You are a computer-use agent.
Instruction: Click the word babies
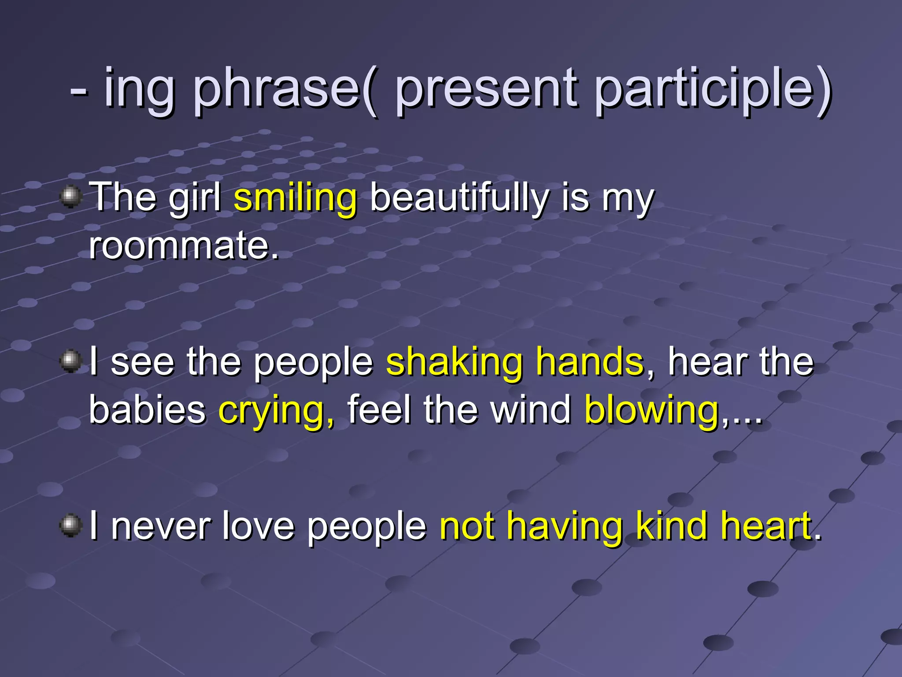(x=147, y=410)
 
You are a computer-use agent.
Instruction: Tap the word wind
(x=530, y=410)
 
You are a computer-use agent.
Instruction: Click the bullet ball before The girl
(x=70, y=197)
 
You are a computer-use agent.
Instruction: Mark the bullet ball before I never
(x=70, y=525)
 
